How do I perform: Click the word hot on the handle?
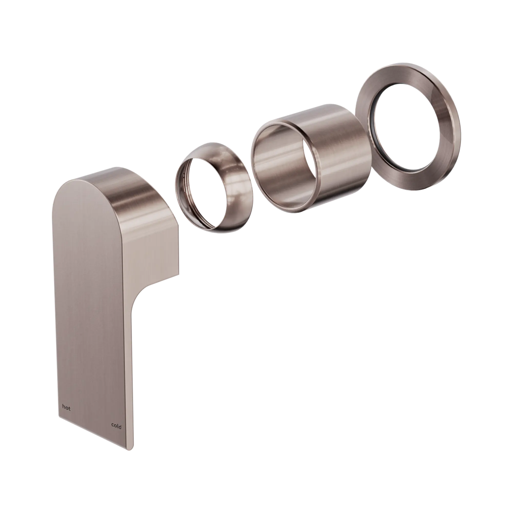(x=66, y=415)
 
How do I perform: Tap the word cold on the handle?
(x=116, y=427)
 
